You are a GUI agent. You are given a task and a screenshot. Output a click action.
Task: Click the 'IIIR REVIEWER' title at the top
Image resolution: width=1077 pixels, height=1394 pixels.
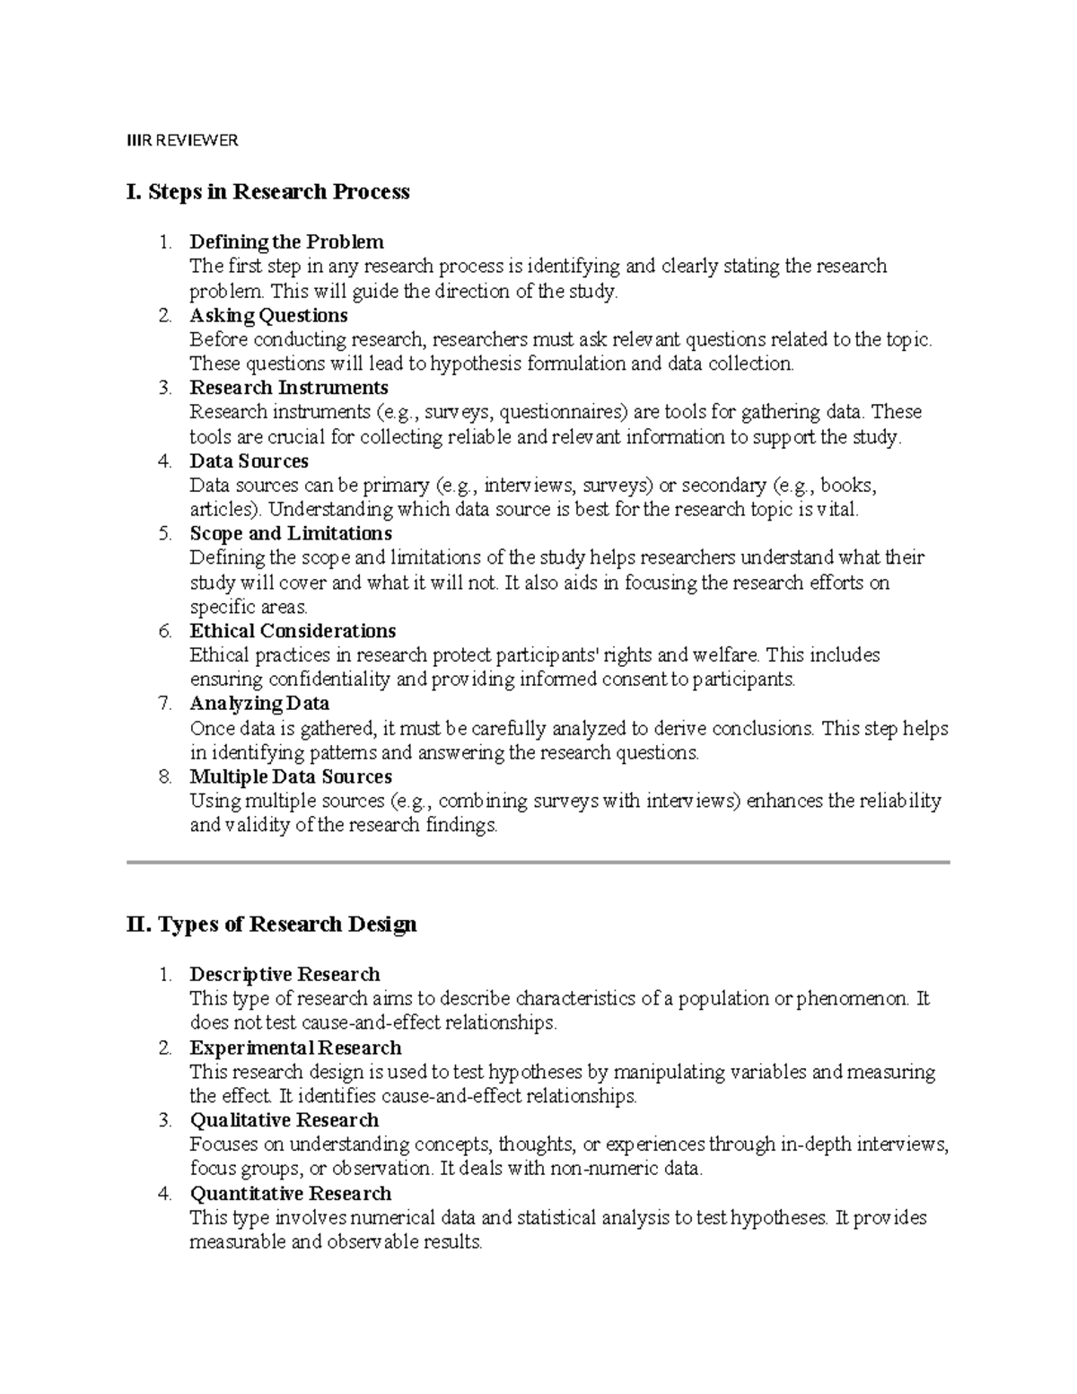(x=182, y=140)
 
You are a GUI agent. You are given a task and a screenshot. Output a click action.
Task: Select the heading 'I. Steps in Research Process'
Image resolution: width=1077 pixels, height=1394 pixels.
(x=268, y=191)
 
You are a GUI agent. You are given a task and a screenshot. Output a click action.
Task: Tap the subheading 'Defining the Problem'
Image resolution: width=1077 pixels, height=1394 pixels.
(x=286, y=241)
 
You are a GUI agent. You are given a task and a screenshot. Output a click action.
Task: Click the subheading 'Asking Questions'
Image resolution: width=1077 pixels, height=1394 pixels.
(x=268, y=315)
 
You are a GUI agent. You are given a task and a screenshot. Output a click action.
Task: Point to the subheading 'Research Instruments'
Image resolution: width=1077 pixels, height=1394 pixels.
(x=289, y=388)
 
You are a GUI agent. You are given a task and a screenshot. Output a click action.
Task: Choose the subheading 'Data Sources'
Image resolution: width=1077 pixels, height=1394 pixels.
(x=249, y=460)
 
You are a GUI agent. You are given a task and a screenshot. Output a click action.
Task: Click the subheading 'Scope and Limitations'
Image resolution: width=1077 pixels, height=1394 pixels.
(x=291, y=533)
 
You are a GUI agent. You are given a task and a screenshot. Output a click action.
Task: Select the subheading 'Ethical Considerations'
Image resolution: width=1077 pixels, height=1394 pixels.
(x=293, y=630)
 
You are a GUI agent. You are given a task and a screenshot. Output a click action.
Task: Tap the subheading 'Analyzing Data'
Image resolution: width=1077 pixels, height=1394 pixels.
(x=259, y=703)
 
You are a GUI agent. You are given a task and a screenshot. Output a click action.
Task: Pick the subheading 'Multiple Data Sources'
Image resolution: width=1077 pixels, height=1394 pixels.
(x=291, y=776)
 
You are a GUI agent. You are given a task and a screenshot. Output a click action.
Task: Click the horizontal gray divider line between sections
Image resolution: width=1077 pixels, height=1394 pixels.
(x=538, y=862)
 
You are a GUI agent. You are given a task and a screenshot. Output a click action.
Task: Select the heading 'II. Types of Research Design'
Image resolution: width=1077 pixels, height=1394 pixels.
(x=272, y=924)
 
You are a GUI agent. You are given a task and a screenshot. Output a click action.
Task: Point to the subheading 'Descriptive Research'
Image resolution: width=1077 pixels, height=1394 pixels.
(x=285, y=974)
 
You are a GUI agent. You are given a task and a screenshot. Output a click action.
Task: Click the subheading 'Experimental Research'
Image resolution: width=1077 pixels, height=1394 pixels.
(x=295, y=1048)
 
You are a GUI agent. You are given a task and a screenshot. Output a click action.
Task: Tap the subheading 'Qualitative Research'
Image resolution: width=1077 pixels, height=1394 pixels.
(x=285, y=1120)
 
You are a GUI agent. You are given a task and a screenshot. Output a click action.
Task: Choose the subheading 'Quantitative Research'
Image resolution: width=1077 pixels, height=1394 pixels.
(x=291, y=1193)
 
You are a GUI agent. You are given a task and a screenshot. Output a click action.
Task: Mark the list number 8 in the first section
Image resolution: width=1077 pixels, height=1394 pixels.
(x=165, y=776)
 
